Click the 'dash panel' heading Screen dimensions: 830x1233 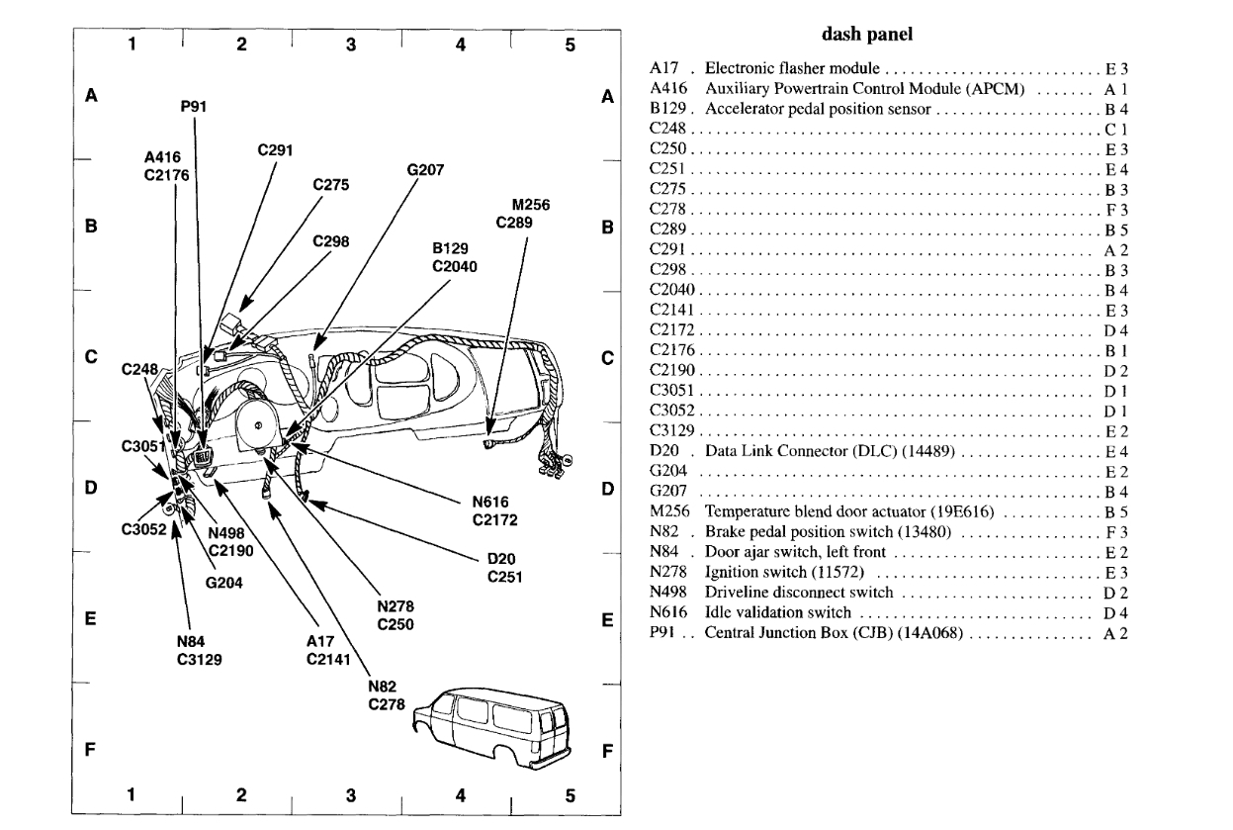coord(866,35)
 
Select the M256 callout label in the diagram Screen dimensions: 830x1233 coord(531,205)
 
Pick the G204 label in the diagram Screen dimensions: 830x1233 coord(224,582)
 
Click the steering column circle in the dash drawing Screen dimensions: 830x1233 coord(258,422)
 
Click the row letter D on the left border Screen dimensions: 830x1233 coord(90,488)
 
